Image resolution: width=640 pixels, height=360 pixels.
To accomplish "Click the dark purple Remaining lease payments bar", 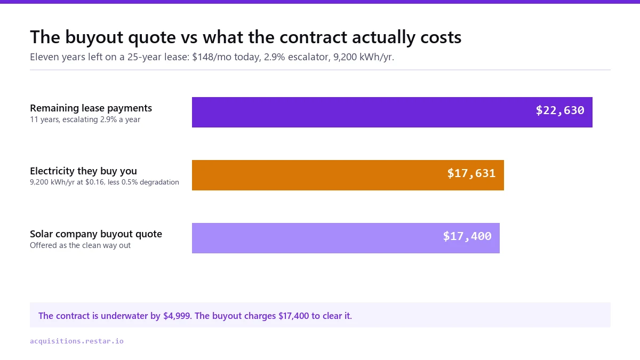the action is point(392,113).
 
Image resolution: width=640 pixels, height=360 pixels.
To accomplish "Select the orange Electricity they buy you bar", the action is point(348,175).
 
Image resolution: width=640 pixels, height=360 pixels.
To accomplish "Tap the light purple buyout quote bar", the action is point(346,238).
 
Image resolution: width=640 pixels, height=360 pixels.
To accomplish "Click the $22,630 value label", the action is point(559,110).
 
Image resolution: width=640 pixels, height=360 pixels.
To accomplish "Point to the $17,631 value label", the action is point(471,173).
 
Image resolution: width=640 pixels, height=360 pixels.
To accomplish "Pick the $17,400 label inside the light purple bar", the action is point(467,236).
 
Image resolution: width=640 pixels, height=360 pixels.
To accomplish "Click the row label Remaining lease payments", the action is point(91,108).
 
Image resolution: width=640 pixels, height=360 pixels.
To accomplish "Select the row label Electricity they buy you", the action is point(83,171).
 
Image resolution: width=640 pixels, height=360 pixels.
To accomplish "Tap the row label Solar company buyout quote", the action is point(96,234).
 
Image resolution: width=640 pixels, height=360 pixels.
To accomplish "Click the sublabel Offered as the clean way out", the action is point(81,245).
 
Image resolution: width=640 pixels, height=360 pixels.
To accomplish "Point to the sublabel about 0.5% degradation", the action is point(105,182).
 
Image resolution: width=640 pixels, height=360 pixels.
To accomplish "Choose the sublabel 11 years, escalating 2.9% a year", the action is point(85,119).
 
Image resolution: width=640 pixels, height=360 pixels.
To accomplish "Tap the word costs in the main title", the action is point(441,38).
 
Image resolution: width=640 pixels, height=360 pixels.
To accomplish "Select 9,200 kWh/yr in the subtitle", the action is point(363,57).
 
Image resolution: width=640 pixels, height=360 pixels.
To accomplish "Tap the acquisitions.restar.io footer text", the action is point(77,341).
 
